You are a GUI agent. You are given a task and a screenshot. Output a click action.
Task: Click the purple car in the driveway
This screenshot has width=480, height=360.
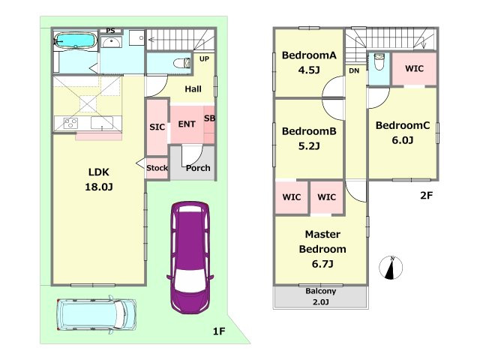tap(190, 257)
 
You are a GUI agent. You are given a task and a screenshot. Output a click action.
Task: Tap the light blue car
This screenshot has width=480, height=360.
tap(96, 314)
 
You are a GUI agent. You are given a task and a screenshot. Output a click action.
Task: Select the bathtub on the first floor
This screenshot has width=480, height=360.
tap(76, 40)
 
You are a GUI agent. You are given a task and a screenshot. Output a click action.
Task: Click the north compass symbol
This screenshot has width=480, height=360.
tap(391, 268)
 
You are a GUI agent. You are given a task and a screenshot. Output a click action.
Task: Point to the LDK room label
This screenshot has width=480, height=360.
tap(98, 172)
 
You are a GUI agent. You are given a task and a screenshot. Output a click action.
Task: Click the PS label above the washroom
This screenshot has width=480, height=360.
tap(110, 31)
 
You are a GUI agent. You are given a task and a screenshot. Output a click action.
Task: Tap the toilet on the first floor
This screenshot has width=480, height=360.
tap(182, 63)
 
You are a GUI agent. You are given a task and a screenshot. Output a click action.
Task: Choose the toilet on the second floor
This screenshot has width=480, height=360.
tap(379, 61)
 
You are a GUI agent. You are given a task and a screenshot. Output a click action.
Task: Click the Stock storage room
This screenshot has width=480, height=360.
tap(157, 168)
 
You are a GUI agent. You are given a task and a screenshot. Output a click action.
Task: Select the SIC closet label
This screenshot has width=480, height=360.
tap(157, 127)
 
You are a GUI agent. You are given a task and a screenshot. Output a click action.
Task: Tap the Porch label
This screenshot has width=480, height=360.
tap(198, 168)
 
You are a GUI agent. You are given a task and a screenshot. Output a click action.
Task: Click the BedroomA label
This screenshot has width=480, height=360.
tap(309, 55)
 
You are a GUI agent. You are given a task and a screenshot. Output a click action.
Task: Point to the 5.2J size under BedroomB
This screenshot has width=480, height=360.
tap(309, 146)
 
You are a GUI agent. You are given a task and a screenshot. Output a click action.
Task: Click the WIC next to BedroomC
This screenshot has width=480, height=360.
tap(414, 68)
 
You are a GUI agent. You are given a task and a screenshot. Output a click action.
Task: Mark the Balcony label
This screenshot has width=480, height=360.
tap(320, 291)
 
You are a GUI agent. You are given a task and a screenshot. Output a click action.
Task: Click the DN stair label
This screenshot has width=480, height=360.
tap(354, 70)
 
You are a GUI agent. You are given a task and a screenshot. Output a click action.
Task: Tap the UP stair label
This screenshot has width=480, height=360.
tap(204, 58)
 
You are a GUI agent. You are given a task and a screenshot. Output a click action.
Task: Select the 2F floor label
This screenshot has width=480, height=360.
tap(426, 195)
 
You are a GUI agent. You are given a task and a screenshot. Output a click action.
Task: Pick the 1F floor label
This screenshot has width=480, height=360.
tap(219, 331)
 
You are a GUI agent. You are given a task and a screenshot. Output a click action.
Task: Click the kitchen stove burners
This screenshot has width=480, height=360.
tap(70, 123)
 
